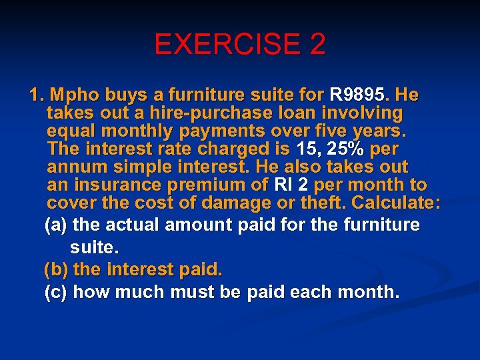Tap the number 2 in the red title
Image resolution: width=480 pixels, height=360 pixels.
point(317,45)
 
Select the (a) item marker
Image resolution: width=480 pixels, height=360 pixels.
point(56,225)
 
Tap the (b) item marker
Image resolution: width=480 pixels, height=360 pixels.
point(56,270)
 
